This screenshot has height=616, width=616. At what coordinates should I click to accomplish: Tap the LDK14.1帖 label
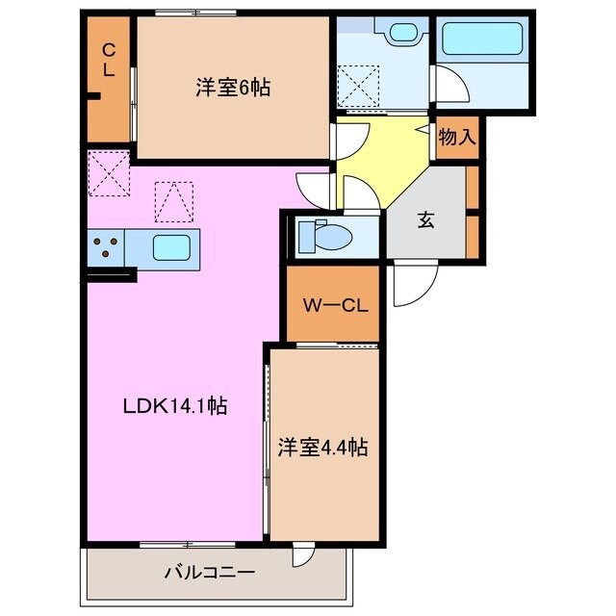174,406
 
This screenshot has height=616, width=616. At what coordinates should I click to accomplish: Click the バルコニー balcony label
215,574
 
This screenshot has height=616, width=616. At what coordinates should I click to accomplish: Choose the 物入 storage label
457,136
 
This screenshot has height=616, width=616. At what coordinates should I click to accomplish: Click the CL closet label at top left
109,60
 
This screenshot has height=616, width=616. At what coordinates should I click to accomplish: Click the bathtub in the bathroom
481,41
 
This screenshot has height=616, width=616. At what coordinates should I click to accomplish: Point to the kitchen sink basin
171,249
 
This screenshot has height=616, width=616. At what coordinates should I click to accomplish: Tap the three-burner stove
106,249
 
